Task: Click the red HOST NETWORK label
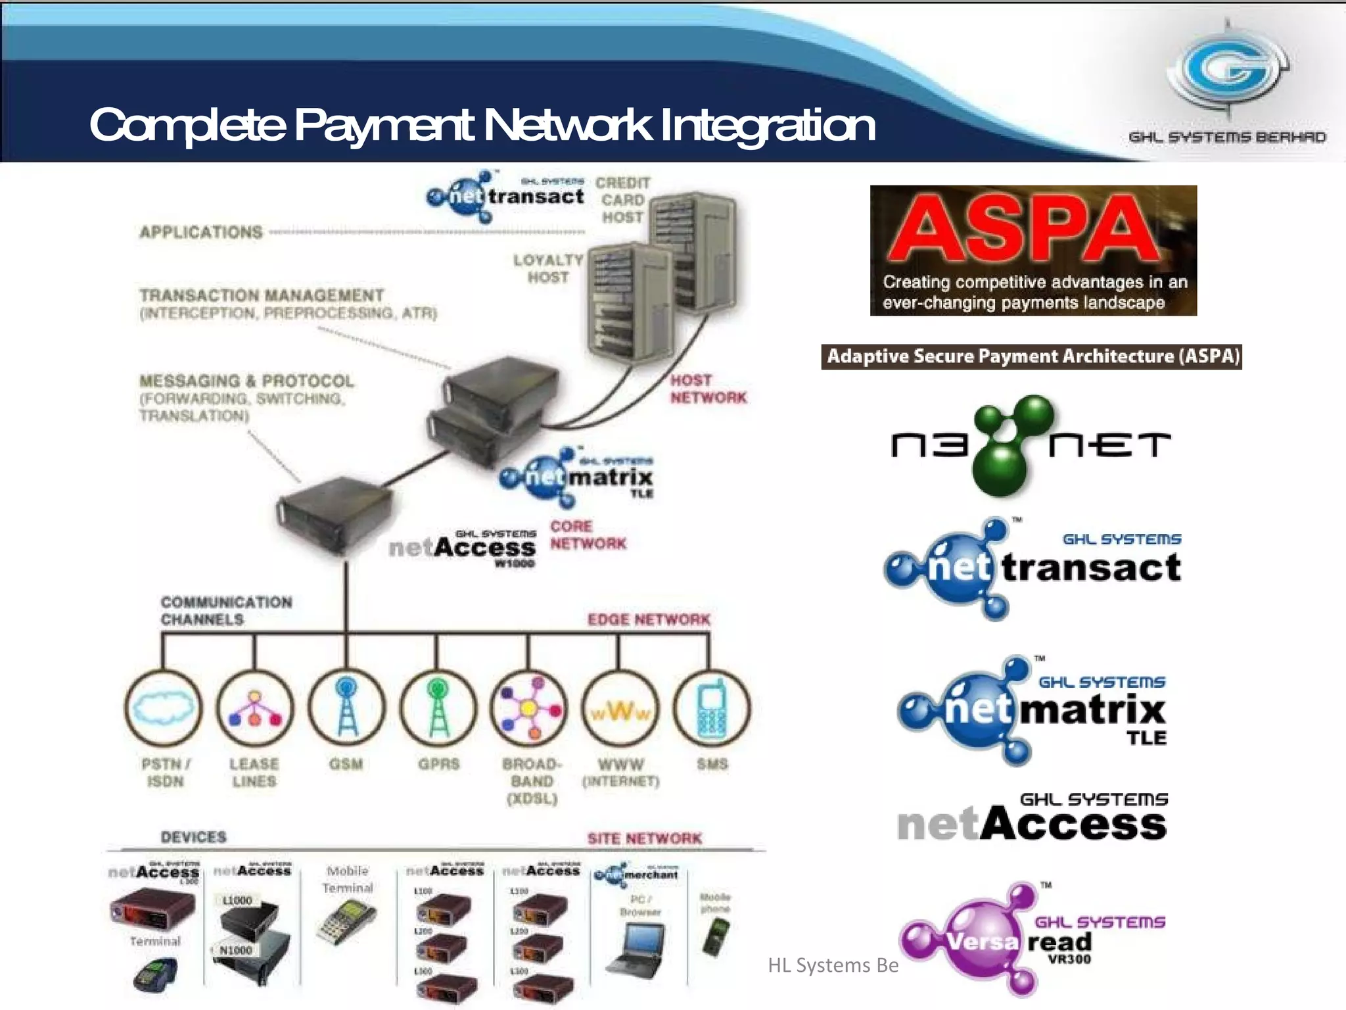[708, 389]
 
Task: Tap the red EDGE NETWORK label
[649, 619]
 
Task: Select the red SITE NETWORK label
[644, 838]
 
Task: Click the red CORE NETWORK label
[588, 535]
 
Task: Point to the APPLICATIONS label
[200, 232]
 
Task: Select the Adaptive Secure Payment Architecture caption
[1031, 356]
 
